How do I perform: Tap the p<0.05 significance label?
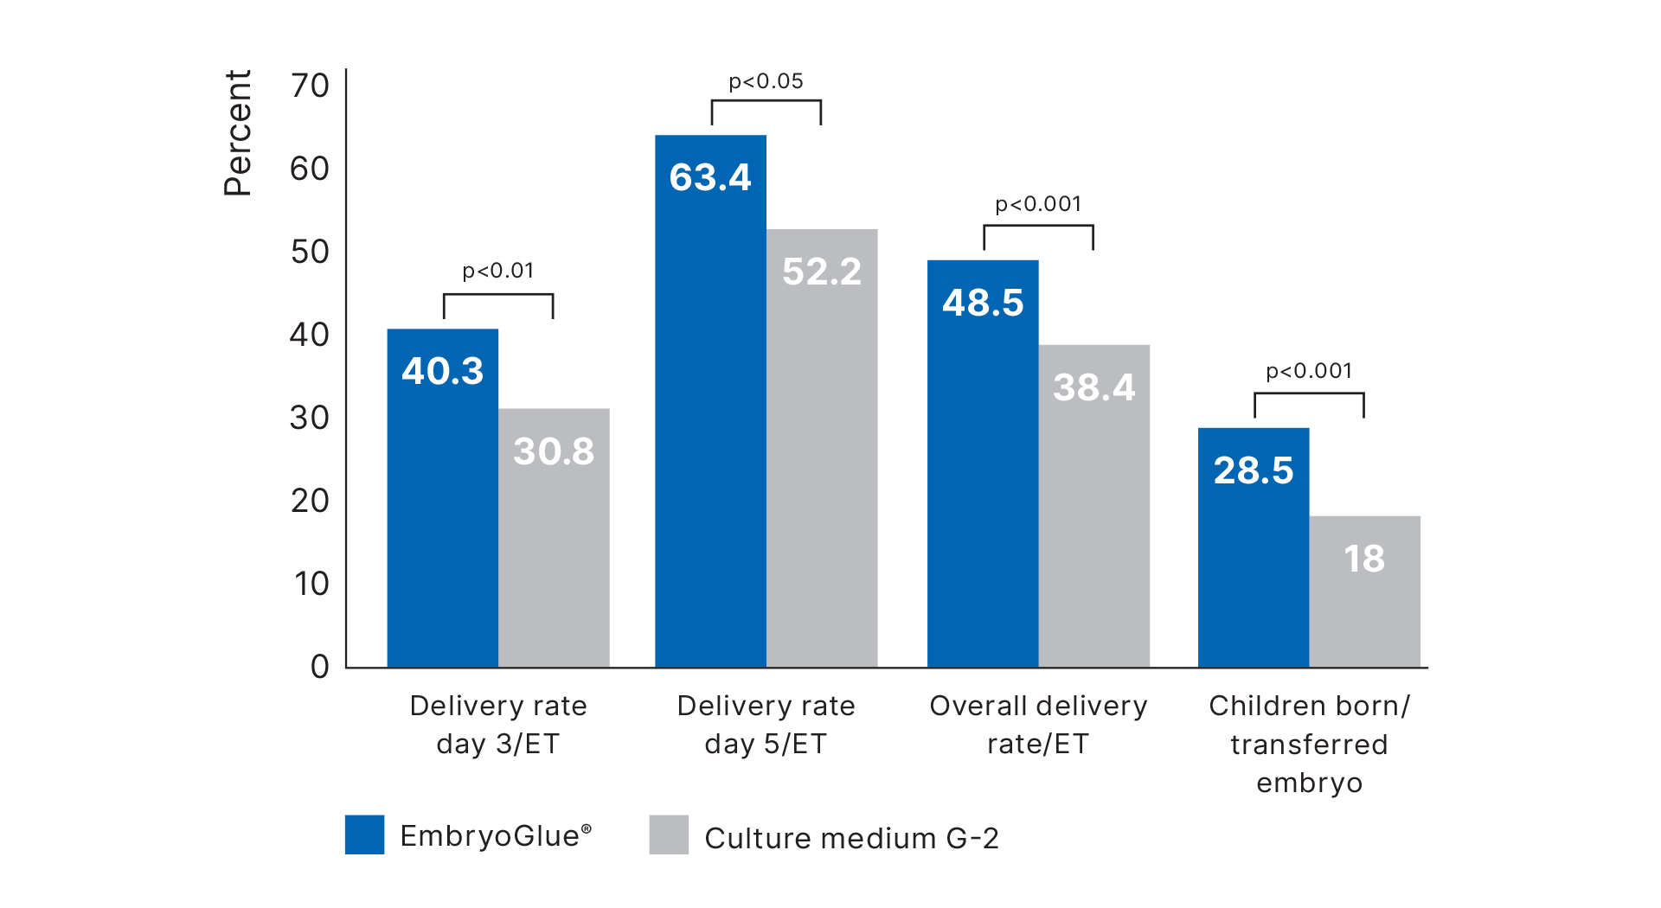(766, 81)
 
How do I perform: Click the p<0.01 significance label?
(498, 271)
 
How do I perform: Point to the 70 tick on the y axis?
(310, 86)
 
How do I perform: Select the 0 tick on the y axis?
(320, 667)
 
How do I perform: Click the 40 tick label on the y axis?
(310, 335)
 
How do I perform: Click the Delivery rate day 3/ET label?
(498, 725)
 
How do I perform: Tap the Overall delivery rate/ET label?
(1038, 725)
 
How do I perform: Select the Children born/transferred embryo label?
(1309, 744)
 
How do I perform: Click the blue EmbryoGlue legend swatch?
(364, 834)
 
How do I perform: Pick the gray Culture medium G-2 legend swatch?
(669, 834)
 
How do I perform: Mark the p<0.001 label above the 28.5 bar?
(1309, 371)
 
